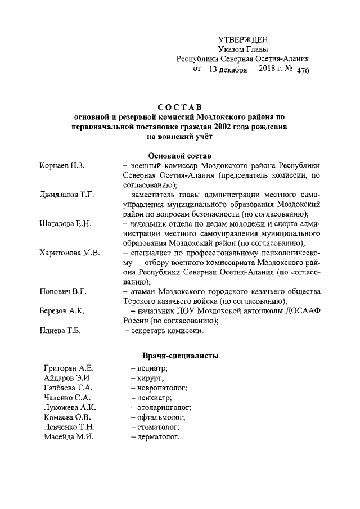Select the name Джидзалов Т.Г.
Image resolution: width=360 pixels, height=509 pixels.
(66, 195)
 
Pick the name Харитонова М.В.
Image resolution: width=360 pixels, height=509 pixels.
(70, 253)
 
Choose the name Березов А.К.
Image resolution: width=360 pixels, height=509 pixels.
(62, 311)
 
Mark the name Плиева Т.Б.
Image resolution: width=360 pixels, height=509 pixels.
(60, 331)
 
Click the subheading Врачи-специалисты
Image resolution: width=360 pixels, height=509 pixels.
(179, 355)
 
